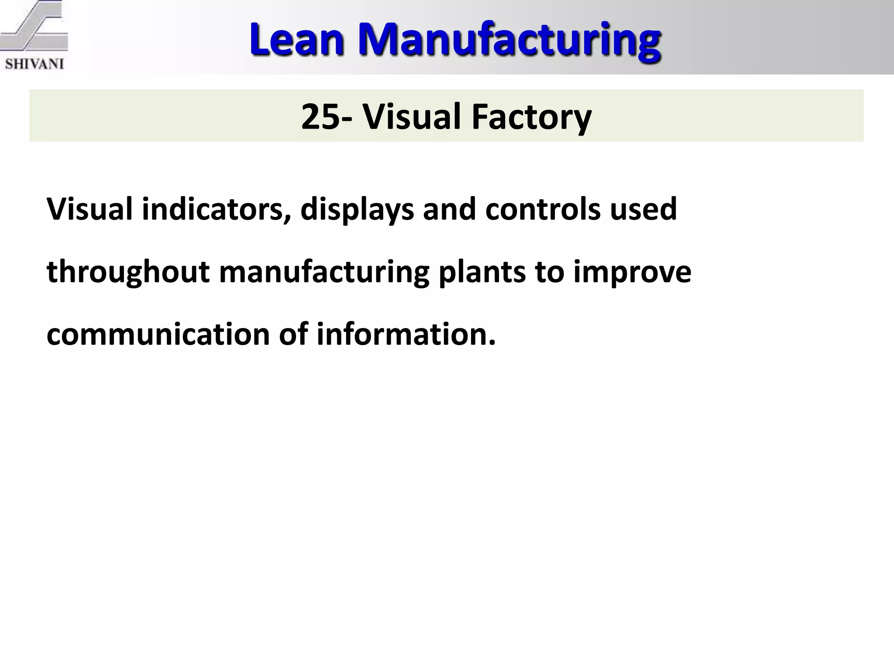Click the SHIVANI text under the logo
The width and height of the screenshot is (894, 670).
point(35,65)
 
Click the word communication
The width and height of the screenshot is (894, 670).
point(158,335)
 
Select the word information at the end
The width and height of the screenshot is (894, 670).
point(406,335)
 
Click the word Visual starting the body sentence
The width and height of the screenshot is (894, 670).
point(89,209)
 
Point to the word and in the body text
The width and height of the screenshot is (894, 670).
point(449,209)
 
